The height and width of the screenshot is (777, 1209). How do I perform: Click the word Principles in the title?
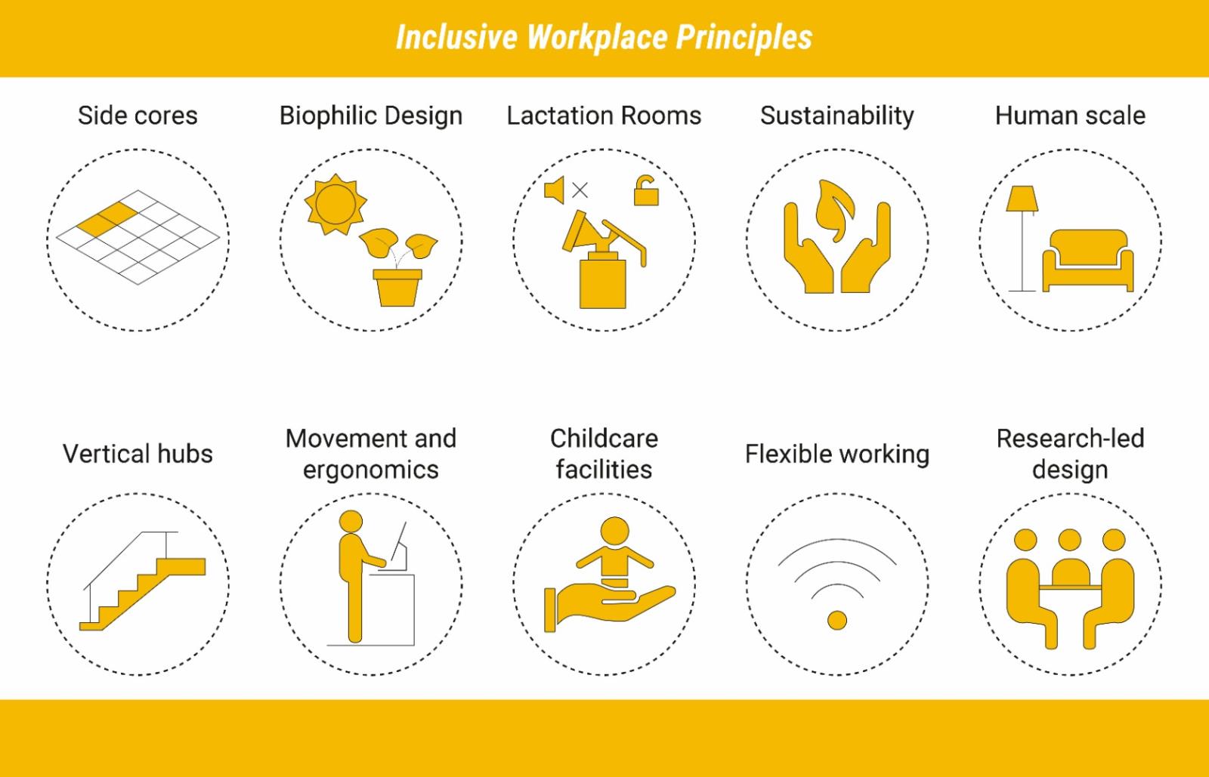(x=744, y=37)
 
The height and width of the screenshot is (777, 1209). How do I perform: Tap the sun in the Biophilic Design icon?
(x=335, y=205)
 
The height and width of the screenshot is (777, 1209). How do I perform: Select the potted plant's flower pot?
(x=397, y=288)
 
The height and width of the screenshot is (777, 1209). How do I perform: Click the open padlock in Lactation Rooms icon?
(x=645, y=190)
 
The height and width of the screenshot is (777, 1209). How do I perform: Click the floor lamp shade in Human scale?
(x=1022, y=199)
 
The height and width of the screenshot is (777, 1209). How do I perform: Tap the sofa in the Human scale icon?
(x=1087, y=261)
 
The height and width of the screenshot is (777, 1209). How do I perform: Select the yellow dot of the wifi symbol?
(x=837, y=620)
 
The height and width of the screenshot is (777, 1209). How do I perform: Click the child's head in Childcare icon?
(x=615, y=531)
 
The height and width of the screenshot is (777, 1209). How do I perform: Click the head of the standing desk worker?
(x=351, y=522)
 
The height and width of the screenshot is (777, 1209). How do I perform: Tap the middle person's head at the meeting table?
(x=1070, y=540)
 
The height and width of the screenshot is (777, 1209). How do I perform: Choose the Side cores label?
(x=138, y=116)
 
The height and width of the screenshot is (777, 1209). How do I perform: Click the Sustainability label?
(x=837, y=116)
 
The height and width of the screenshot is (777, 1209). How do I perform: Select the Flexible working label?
(x=837, y=455)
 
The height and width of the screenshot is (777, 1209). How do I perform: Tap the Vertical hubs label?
(x=138, y=454)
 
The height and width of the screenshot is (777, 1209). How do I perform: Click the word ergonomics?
(x=371, y=470)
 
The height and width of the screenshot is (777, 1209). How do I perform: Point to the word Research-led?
(x=1070, y=439)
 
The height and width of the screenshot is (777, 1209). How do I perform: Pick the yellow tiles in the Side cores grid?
(x=107, y=220)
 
